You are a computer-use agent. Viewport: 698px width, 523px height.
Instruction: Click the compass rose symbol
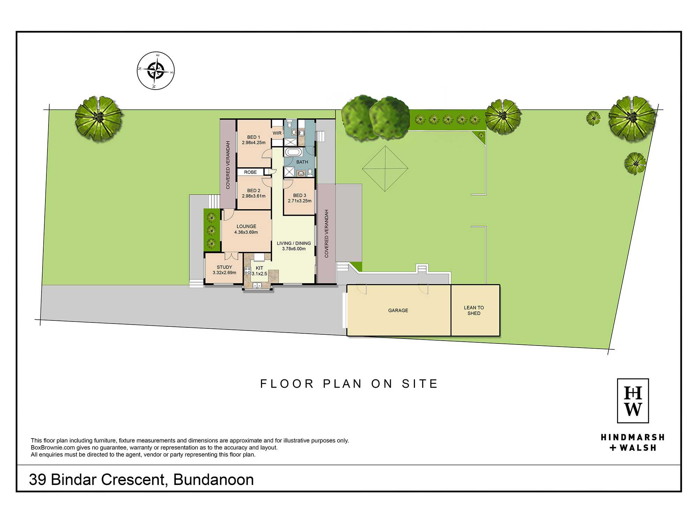[x=156, y=71]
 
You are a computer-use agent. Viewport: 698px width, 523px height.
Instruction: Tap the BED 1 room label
[x=254, y=137]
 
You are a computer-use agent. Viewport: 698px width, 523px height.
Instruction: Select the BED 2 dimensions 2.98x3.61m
[x=254, y=196]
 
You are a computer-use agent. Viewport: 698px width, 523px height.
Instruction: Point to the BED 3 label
[x=299, y=196]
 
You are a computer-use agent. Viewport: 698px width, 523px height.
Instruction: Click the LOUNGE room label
[x=246, y=227]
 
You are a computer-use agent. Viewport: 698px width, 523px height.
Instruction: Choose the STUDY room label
[x=224, y=267]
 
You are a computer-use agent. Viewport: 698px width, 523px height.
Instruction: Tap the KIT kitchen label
[x=260, y=268]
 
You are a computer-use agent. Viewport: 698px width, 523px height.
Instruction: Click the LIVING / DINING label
[x=294, y=243]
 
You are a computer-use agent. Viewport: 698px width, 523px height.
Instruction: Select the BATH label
[x=302, y=162]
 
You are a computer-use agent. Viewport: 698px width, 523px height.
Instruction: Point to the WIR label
[x=277, y=133]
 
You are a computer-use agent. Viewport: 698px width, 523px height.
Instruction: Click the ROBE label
[x=251, y=172]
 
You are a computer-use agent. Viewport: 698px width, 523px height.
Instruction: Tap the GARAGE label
[x=398, y=311]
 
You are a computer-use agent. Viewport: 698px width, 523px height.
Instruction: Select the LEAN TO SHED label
[x=474, y=311]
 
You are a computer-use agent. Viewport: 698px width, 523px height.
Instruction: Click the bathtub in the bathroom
[x=294, y=152]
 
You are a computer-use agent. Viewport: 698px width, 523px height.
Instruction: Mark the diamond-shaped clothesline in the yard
[x=385, y=169]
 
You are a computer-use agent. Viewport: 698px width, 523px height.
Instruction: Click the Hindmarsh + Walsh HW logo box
[x=633, y=401]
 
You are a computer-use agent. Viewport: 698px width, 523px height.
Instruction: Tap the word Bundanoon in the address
[x=214, y=480]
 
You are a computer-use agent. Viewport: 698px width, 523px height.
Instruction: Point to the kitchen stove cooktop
[x=247, y=271]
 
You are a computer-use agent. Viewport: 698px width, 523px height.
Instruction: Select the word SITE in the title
[x=420, y=384]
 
